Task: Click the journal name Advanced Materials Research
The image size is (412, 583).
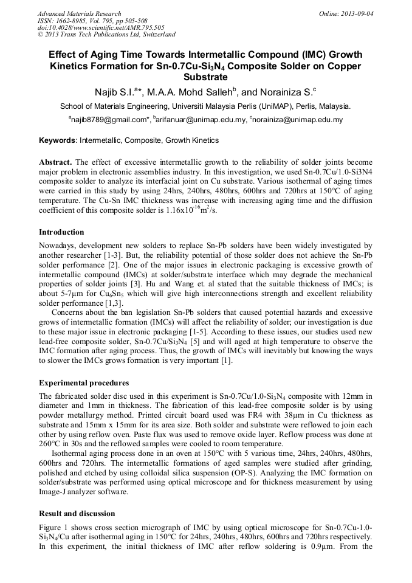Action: click(79, 13)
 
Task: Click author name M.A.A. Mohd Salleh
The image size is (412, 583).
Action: click(187, 92)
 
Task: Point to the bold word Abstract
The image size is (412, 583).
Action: click(55, 163)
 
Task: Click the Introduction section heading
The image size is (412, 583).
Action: click(61, 232)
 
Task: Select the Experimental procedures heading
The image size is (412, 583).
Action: click(84, 383)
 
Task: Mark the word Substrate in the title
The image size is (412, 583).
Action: click(205, 78)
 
